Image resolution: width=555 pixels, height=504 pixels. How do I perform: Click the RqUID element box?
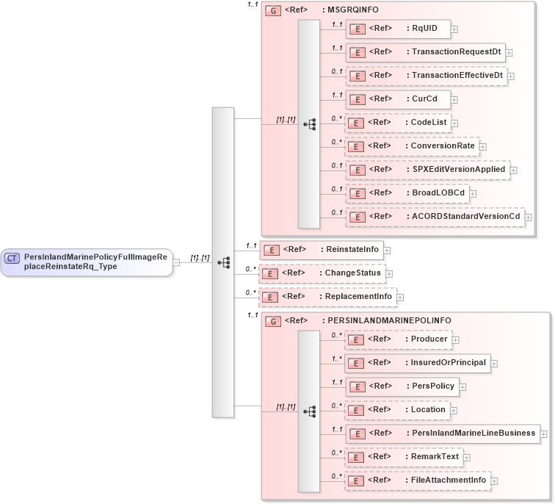tap(397, 29)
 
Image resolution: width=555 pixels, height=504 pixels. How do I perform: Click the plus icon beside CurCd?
tap(454, 100)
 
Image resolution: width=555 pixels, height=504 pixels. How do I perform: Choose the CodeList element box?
tap(398, 123)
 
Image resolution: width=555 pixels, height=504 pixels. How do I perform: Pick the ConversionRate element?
tap(412, 146)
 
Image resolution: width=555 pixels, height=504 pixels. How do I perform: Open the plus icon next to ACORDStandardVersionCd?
tap(528, 217)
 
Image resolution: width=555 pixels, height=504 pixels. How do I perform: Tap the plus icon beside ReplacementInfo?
tap(401, 297)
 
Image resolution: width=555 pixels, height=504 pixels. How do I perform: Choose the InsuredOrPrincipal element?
tap(418, 363)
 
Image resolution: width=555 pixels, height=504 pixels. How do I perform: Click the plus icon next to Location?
tap(454, 411)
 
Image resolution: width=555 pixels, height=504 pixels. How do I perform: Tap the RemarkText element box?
tap(404, 457)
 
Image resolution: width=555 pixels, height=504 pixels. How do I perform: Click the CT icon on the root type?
tap(12, 258)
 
